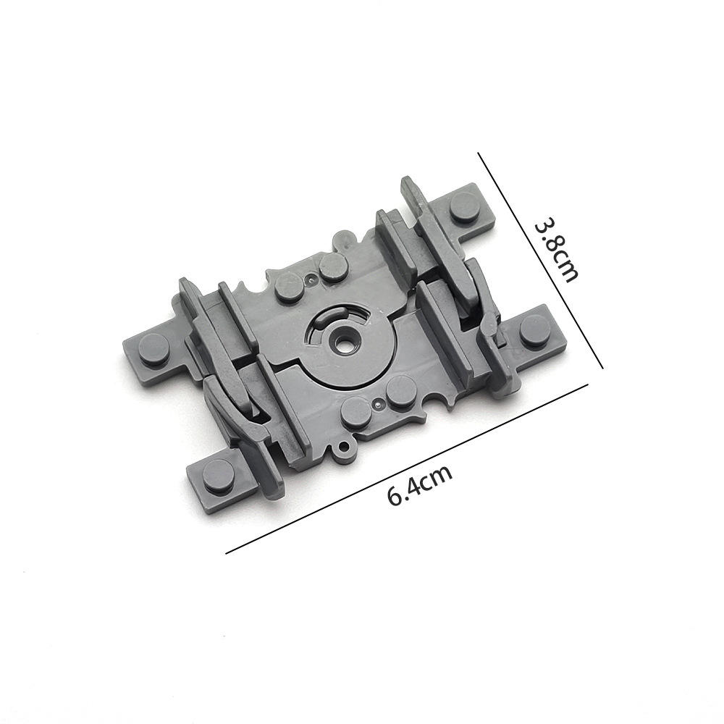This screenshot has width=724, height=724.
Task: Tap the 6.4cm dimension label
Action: point(420,486)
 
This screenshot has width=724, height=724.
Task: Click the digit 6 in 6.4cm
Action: point(395,497)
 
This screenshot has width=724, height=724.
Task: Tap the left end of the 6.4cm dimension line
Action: point(227,553)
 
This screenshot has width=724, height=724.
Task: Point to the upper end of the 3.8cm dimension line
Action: point(479,153)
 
